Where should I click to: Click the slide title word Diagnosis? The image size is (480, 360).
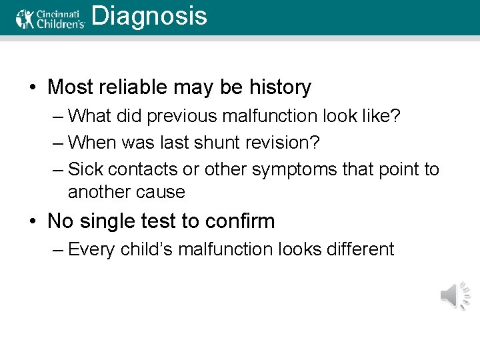pyautogui.click(x=149, y=16)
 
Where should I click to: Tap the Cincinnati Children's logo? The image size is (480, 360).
pyautogui.click(x=51, y=18)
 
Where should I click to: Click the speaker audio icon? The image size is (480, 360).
pyautogui.click(x=455, y=295)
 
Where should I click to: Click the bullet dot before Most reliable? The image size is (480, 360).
pyautogui.click(x=32, y=88)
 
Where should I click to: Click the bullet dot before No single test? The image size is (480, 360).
pyautogui.click(x=32, y=221)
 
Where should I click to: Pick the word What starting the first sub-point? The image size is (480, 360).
pyautogui.click(x=90, y=116)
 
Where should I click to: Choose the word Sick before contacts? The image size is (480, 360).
pyautogui.click(x=85, y=169)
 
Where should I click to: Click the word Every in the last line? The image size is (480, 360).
pyautogui.click(x=91, y=249)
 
